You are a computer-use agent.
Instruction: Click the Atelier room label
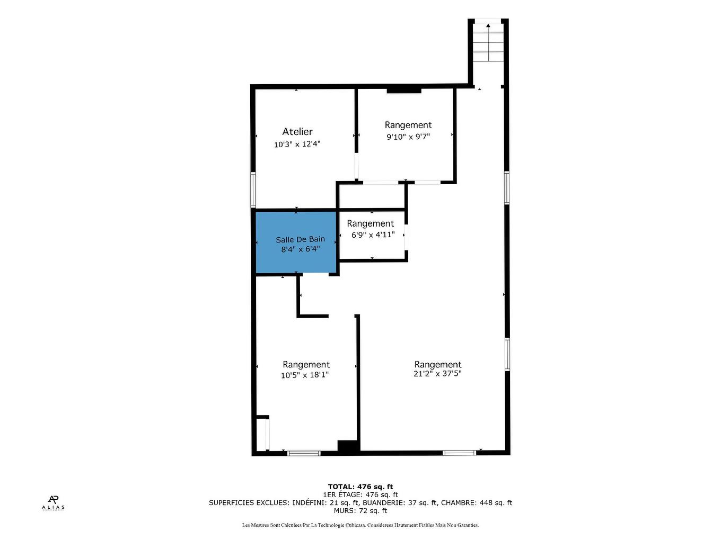(297, 132)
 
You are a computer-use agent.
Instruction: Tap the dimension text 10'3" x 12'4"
(297, 144)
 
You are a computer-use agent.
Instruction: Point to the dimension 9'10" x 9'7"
(408, 137)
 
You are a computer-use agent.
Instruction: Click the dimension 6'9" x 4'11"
(373, 235)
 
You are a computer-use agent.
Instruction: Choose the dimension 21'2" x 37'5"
(438, 373)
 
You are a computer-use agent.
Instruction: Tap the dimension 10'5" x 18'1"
(305, 375)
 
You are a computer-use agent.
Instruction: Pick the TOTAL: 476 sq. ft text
(360, 487)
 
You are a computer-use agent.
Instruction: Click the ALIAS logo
(53, 502)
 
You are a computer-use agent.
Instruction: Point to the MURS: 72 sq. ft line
(360, 511)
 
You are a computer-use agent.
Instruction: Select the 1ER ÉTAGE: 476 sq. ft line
(360, 494)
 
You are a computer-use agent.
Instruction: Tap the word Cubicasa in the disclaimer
(406, 525)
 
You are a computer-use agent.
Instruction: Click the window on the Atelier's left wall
(253, 190)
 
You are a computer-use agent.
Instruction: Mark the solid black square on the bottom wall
(348, 447)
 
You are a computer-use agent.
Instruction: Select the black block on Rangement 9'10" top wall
(404, 91)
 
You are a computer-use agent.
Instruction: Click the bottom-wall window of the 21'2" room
(459, 453)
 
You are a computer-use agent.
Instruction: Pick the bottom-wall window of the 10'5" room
(304, 453)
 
